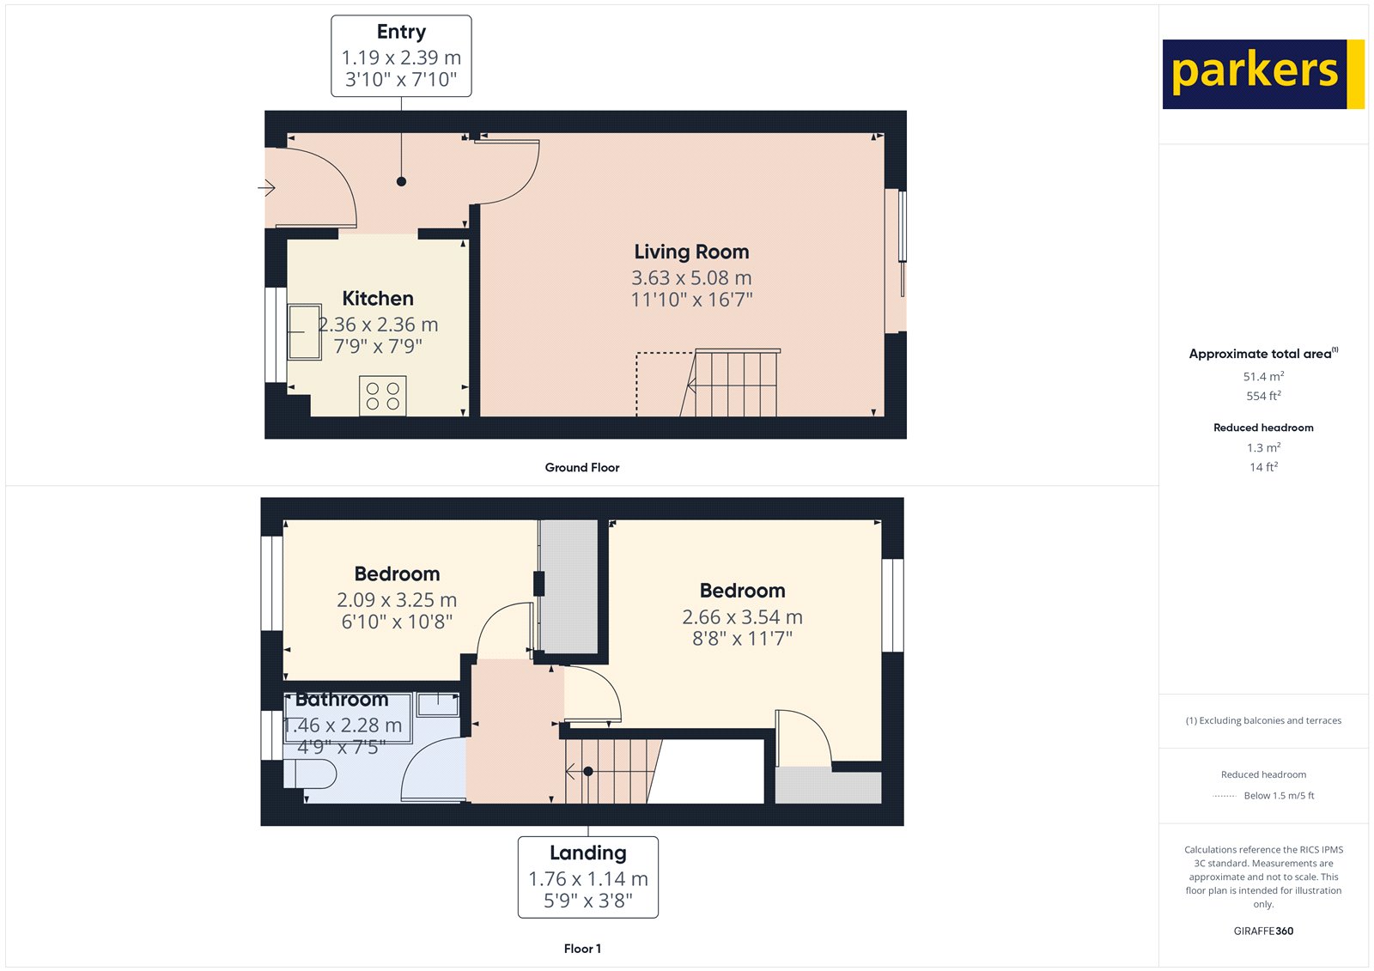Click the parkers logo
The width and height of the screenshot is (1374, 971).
pyautogui.click(x=1262, y=74)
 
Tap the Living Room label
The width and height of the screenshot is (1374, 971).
pyautogui.click(x=691, y=252)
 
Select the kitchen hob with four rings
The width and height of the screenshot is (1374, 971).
pyautogui.click(x=383, y=396)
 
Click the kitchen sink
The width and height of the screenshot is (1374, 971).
pyautogui.click(x=303, y=331)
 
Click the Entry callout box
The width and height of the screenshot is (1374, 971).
pyautogui.click(x=401, y=56)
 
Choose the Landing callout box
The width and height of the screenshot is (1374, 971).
pyautogui.click(x=587, y=877)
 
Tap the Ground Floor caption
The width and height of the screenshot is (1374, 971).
pyautogui.click(x=581, y=467)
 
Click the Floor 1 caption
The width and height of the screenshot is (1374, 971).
pyautogui.click(x=582, y=949)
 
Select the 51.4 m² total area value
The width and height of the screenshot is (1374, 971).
pyautogui.click(x=1263, y=376)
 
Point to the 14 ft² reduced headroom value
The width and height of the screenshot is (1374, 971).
pyautogui.click(x=1263, y=467)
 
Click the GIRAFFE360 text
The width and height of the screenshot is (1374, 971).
pyautogui.click(x=1263, y=931)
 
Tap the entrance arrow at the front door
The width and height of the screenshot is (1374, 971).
pyautogui.click(x=266, y=187)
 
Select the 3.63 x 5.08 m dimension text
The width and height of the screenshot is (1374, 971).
pyautogui.click(x=691, y=278)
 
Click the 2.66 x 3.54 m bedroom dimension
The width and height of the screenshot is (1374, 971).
pyautogui.click(x=742, y=617)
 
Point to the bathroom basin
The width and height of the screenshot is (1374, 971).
pyautogui.click(x=438, y=704)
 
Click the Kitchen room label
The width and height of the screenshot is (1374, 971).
pyautogui.click(x=378, y=298)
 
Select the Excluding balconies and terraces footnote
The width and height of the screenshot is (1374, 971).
pyautogui.click(x=1263, y=720)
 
